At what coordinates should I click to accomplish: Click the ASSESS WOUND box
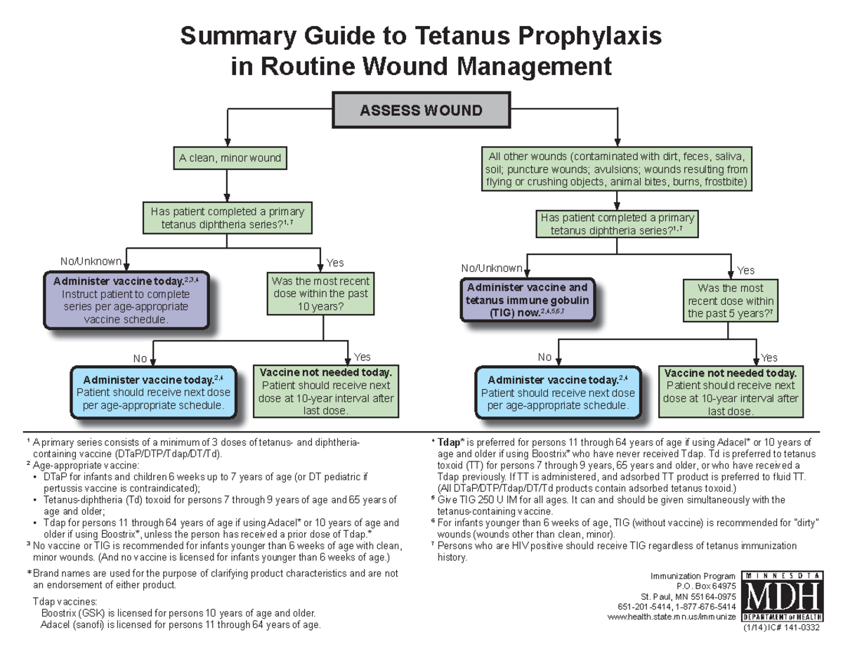pos(421,110)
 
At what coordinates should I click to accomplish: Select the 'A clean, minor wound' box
pos(230,158)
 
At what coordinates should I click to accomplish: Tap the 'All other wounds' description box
pos(617,169)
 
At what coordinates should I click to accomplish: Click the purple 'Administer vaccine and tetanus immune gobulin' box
pos(528,300)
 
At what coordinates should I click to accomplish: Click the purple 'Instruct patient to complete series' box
pos(126,300)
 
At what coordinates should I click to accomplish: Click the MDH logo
pos(780,598)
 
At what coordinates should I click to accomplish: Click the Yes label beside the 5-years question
pos(745,270)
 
